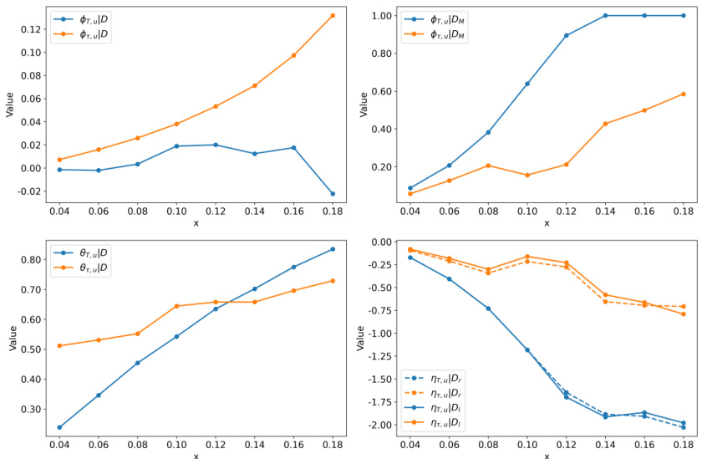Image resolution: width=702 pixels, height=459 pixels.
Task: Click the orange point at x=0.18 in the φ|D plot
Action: [333, 15]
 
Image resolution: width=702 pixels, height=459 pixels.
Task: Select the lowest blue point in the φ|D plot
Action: [333, 194]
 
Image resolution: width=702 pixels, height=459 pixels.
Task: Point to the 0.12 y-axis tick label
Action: [28, 29]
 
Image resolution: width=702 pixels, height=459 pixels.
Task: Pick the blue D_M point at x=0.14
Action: [606, 15]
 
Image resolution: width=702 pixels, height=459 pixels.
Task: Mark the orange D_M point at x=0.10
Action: [527, 175]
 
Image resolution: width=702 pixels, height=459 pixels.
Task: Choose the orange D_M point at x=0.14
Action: [606, 124]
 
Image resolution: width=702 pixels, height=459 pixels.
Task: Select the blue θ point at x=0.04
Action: [59, 427]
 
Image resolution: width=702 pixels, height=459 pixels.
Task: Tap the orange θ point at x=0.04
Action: [59, 345]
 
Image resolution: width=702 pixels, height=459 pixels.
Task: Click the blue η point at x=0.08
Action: [488, 309]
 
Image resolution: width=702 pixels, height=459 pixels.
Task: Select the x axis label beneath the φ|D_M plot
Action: [547, 223]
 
